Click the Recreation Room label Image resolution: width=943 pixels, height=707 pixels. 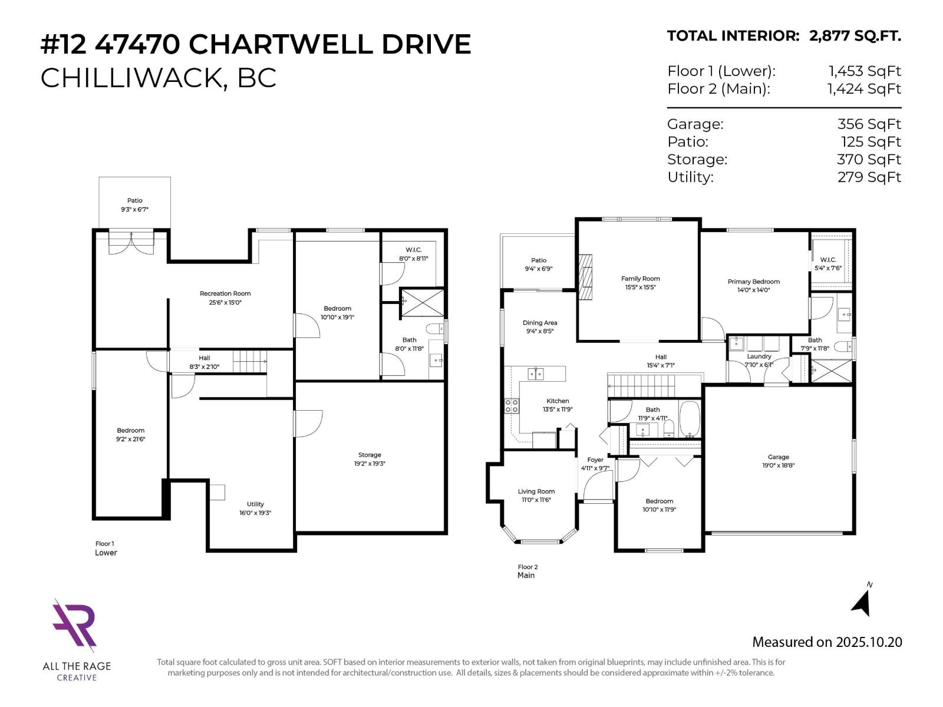point(225,293)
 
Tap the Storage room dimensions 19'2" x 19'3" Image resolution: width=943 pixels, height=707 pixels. point(370,464)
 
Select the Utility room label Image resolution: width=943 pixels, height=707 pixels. point(255,504)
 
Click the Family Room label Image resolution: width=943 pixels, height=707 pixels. point(640,279)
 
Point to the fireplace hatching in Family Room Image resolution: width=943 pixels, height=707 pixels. point(585,278)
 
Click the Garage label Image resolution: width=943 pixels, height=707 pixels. point(778,457)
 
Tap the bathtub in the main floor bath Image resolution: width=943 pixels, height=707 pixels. point(689,419)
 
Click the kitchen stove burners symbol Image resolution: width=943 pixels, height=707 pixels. point(512,406)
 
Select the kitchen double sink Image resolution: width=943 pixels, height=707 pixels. point(535,374)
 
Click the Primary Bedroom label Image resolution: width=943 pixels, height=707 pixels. point(753,282)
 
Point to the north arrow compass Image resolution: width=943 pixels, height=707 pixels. point(863,601)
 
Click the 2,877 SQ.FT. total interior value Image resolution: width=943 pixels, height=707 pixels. point(855,36)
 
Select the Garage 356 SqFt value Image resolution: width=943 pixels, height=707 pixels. point(869,124)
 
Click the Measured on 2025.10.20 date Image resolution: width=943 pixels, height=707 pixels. point(826,642)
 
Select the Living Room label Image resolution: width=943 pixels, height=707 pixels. point(536,491)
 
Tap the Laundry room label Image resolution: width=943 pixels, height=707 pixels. point(759,356)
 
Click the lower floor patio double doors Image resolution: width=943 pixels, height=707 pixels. point(131,242)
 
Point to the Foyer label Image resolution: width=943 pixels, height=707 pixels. point(595,460)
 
